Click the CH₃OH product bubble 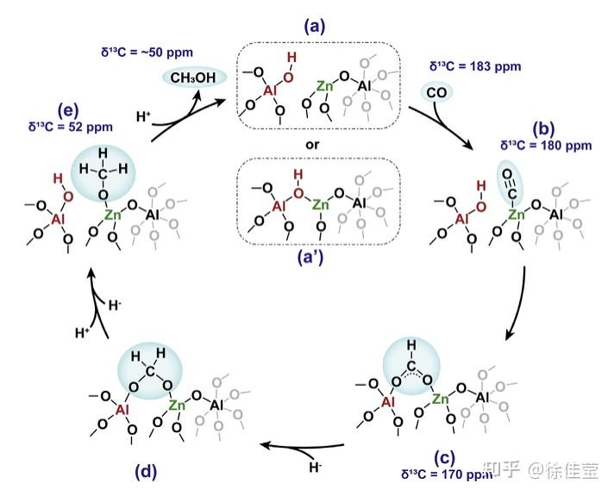tap(193, 78)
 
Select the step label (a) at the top tap(313, 27)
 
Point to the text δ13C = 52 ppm tap(69, 126)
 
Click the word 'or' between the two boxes tap(312, 144)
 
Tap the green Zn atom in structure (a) tap(324, 87)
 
